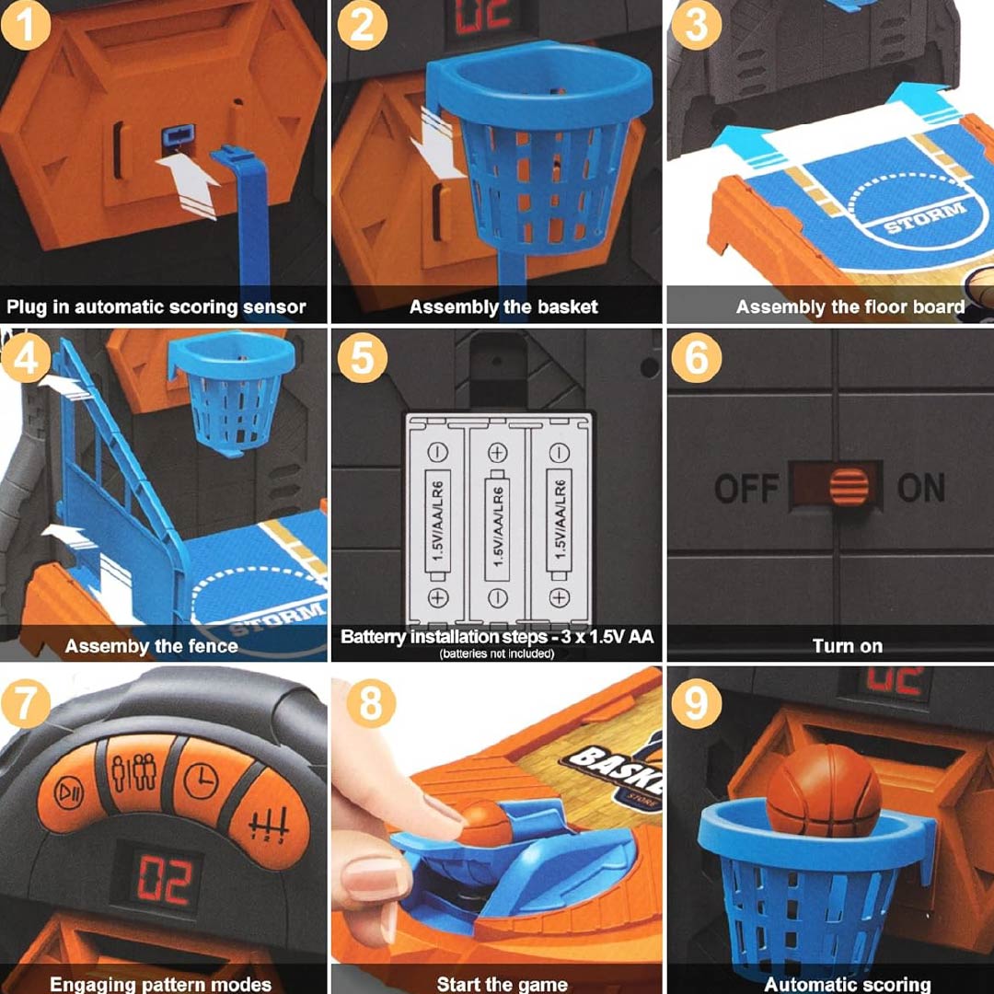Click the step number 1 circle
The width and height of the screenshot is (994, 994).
point(26,26)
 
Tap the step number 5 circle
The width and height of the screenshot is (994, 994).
point(362,358)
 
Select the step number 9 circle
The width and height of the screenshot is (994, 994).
point(697,704)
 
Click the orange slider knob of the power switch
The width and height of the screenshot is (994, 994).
point(849,487)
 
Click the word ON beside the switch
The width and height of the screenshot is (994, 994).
point(921,488)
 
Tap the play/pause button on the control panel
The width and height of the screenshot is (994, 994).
point(68,792)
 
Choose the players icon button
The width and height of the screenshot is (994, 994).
point(134,773)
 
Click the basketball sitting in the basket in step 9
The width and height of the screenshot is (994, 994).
point(824,792)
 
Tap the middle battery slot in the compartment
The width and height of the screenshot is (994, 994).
point(498,521)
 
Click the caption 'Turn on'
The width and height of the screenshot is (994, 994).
point(848,646)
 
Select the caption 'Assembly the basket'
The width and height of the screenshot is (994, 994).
point(503,306)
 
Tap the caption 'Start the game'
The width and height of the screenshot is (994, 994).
point(503,985)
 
